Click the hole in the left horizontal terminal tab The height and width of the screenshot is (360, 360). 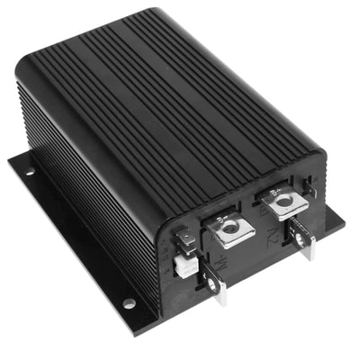point(230,229)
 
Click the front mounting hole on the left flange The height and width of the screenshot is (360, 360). point(129,302)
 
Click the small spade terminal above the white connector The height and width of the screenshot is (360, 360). point(184,237)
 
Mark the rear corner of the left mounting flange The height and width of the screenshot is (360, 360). point(13,159)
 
